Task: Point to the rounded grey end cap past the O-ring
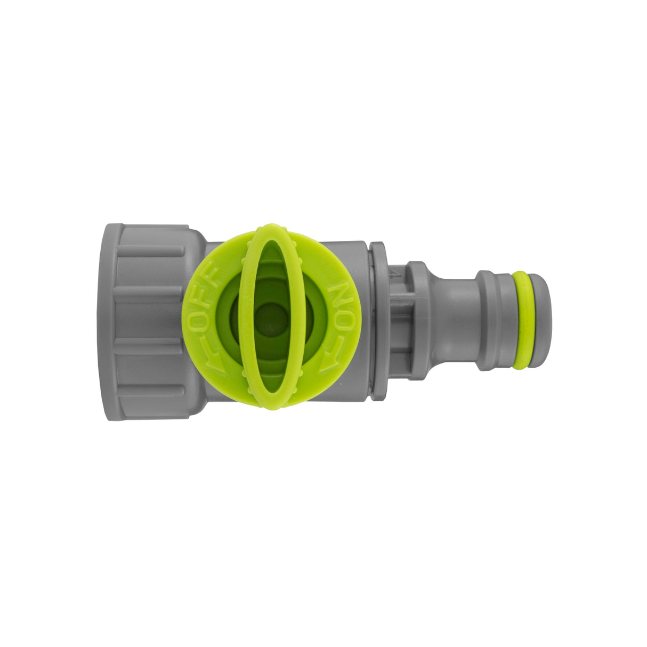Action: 539,320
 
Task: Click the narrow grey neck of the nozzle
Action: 456,320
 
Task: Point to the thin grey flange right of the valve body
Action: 378,320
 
